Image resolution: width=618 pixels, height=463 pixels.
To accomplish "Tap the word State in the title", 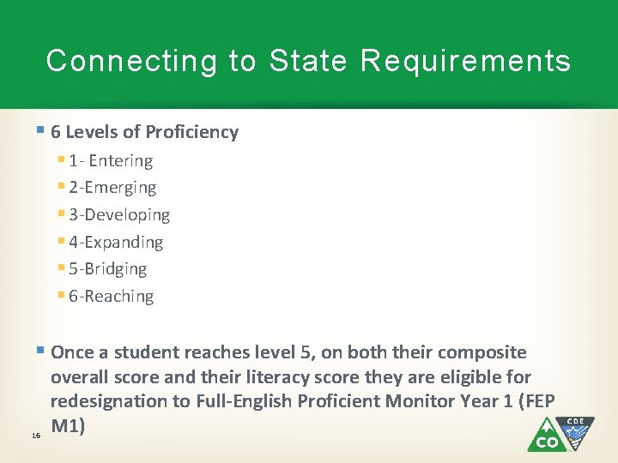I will tap(309, 61).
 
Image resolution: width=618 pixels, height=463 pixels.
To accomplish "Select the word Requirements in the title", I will tap(466, 61).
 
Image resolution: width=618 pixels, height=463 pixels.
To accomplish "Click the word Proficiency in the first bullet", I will tap(191, 132).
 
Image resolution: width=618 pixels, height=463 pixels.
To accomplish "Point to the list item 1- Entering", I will tap(111, 160).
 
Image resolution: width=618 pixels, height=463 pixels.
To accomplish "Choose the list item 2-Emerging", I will tap(112, 187).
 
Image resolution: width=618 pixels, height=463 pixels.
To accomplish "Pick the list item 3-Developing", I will tap(119, 214).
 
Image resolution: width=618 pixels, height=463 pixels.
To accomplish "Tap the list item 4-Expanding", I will tap(116, 242).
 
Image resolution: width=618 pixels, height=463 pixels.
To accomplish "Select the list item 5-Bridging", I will tap(108, 268).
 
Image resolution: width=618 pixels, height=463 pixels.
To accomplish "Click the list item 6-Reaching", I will tap(112, 296).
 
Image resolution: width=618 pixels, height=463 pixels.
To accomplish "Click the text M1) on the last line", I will tap(68, 425).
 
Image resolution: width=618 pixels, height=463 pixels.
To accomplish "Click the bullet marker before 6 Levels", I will tap(42, 131).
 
